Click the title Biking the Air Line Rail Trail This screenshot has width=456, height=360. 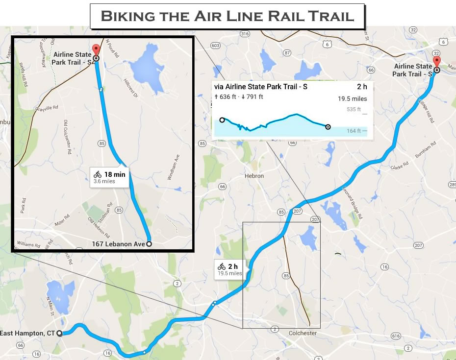(227, 16)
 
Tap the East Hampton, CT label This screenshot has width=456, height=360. (27, 334)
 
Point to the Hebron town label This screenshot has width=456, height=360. (254, 176)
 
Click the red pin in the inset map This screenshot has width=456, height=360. (96, 50)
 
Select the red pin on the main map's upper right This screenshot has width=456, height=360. (436, 62)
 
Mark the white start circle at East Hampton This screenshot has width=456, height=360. (59, 334)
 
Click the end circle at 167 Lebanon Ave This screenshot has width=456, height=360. (149, 243)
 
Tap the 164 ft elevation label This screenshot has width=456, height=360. (353, 131)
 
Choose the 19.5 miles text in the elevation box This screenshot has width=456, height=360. (352, 98)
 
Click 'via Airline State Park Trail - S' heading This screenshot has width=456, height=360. (260, 87)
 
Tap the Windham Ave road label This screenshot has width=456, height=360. (171, 167)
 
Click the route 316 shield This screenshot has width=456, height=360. (245, 34)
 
